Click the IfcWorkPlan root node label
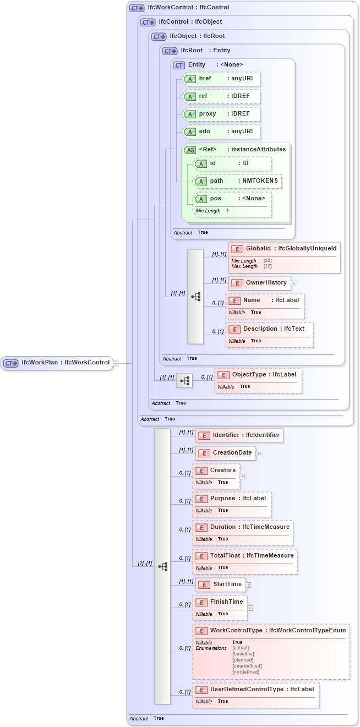point(65,363)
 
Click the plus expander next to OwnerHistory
point(294,283)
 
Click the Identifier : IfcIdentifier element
point(246,435)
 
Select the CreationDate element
point(232,453)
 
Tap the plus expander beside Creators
point(243,477)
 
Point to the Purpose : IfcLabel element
point(238,498)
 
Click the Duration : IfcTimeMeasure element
point(249,527)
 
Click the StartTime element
point(227,584)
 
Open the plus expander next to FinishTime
point(250,608)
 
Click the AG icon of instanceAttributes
point(190,150)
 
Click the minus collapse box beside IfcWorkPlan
point(116,363)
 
